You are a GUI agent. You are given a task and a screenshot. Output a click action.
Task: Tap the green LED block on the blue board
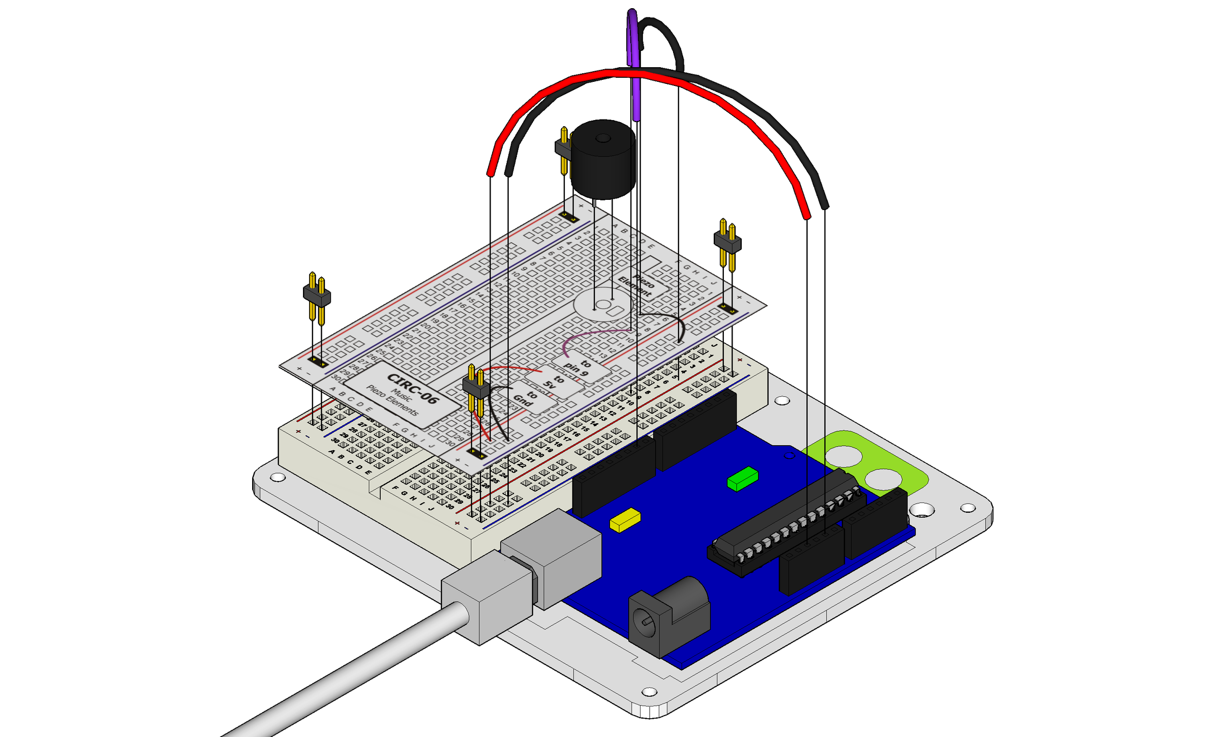pyautogui.click(x=743, y=479)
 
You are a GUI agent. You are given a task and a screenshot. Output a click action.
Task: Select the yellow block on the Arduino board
pyautogui.click(x=625, y=520)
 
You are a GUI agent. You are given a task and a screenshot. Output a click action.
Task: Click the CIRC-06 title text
pyautogui.click(x=412, y=389)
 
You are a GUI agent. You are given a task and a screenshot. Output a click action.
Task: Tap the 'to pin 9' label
pyautogui.click(x=578, y=367)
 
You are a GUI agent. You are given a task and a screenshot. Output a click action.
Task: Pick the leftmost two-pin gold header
pyautogui.click(x=317, y=298)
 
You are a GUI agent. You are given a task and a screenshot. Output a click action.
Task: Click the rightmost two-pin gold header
pyautogui.click(x=727, y=244)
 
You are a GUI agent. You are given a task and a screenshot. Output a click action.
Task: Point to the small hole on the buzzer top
pyautogui.click(x=603, y=138)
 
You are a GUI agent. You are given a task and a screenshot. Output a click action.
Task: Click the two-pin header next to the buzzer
pyautogui.click(x=563, y=149)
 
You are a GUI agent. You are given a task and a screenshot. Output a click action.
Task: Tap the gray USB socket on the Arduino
pyautogui.click(x=552, y=557)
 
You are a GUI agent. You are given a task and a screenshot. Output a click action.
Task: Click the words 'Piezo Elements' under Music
pyautogui.click(x=392, y=400)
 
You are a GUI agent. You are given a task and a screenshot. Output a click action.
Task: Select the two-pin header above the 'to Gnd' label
pyautogui.click(x=476, y=389)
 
